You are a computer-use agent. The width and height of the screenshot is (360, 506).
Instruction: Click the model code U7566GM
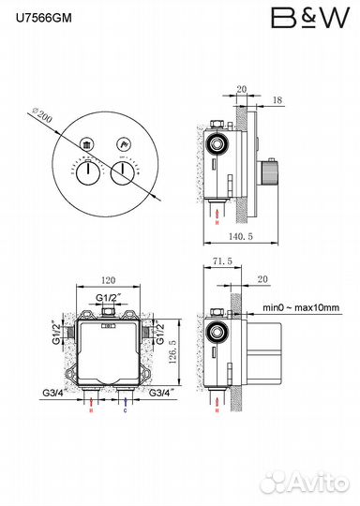40,16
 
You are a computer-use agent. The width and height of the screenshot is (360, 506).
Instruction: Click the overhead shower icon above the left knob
86,144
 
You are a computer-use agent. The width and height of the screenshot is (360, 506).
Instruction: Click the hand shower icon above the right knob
122,144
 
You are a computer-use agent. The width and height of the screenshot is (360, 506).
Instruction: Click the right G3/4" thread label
164,394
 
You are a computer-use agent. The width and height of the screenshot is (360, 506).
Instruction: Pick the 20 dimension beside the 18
242,89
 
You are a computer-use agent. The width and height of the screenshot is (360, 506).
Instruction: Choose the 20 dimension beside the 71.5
262,278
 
